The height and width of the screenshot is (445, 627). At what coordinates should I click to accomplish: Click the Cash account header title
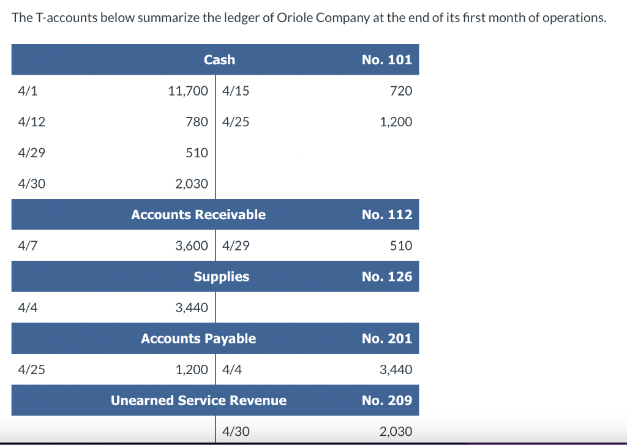pos(219,59)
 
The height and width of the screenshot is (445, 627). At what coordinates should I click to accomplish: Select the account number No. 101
pos(386,59)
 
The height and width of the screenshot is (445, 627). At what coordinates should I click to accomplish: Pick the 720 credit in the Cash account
pos(401,91)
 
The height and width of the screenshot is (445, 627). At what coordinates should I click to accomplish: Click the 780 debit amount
pos(197,122)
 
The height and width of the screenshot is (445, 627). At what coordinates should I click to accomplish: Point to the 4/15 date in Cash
pos(236,91)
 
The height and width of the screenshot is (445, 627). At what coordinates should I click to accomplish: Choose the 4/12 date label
pos(31,122)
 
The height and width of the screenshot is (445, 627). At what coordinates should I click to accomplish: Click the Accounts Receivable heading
pos(198,214)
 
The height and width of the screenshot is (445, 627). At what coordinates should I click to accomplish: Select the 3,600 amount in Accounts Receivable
pos(192,245)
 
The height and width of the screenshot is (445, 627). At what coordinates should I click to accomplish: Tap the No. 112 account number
pos(386,214)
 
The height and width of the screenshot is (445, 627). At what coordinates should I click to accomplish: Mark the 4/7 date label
pos(28,245)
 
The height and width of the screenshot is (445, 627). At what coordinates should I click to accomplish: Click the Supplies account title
pos(221,276)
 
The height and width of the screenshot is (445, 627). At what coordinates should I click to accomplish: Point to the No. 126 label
pos(386,276)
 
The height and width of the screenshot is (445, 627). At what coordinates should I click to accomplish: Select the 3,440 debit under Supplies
pos(192,307)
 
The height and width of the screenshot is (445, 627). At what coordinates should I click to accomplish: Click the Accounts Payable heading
pos(198,338)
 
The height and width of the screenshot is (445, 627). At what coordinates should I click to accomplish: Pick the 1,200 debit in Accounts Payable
pos(192,369)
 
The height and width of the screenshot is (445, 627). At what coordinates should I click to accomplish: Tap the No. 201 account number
pos(386,338)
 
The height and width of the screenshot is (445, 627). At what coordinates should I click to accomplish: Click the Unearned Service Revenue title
pos(198,400)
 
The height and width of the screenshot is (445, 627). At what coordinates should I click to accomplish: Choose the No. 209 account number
pos(386,400)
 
